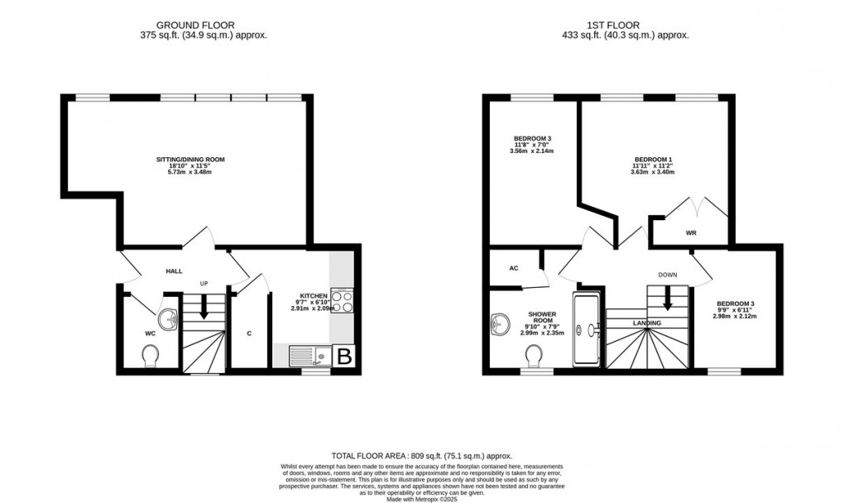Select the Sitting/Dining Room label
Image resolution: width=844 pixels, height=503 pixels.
pos(190,159)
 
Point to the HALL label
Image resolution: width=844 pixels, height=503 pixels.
pos(174,271)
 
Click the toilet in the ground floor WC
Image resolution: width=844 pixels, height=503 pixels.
pos(151,356)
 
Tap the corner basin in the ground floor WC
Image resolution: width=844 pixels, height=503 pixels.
pos(168,318)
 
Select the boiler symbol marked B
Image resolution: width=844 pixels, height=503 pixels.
pos(342,357)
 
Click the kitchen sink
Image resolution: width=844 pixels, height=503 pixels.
pos(303,357)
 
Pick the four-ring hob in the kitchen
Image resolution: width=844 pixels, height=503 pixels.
pos(342,302)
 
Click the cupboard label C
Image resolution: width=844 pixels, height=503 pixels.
pos(249,333)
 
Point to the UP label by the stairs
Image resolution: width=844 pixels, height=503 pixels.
pos(203,283)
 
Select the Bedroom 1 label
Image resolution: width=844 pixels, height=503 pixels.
pos(653,159)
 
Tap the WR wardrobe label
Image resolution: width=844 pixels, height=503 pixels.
pos(691,233)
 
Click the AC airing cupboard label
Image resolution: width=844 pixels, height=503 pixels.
pos(513,268)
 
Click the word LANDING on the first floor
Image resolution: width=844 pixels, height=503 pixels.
pos(646,323)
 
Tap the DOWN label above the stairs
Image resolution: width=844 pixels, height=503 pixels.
pos(668,275)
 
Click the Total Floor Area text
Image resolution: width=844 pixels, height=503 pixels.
pos(421,456)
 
